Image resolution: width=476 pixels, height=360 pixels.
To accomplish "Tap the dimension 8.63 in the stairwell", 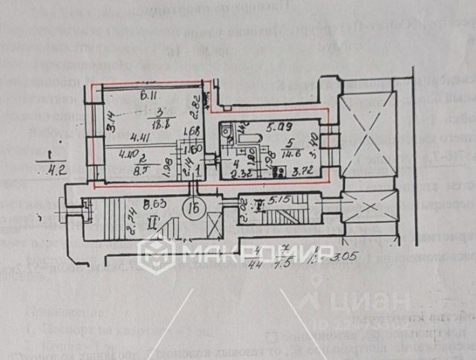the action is pos(155,202).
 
